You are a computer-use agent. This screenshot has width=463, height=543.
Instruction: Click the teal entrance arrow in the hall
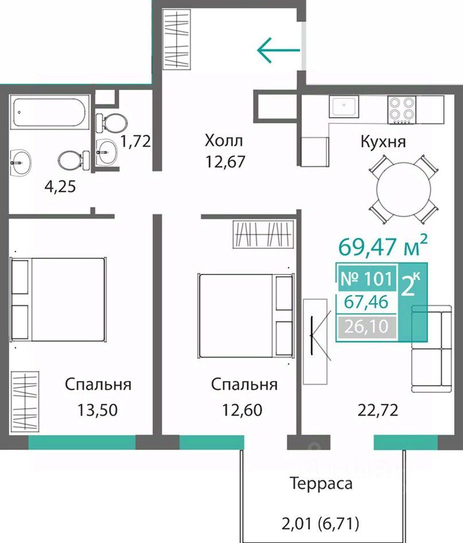point(279,50)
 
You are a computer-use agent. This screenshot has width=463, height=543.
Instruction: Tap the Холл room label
point(224,141)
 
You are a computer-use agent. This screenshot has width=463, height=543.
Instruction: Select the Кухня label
point(383,142)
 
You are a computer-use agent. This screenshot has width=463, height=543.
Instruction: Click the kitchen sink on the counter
point(344,107)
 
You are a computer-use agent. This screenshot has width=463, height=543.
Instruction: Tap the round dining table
point(404,189)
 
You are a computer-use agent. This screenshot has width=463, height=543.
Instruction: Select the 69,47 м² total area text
point(383,245)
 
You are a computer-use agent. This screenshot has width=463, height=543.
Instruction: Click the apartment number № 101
point(367,279)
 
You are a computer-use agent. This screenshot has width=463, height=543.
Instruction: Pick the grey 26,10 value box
point(367,327)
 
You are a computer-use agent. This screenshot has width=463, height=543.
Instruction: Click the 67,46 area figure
point(367,302)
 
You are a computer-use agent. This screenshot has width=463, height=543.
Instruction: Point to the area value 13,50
point(97,410)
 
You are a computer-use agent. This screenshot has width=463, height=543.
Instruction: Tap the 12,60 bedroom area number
point(242,410)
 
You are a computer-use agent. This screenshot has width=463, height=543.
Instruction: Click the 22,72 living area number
point(378,410)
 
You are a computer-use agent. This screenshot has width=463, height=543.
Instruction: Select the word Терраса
point(321,483)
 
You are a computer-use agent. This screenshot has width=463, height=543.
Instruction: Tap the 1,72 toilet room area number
point(135,141)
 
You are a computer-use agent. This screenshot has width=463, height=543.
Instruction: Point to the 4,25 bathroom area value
point(60,187)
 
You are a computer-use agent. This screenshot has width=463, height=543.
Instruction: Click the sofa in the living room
point(431,349)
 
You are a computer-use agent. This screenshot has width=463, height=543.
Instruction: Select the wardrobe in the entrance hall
point(177,40)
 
